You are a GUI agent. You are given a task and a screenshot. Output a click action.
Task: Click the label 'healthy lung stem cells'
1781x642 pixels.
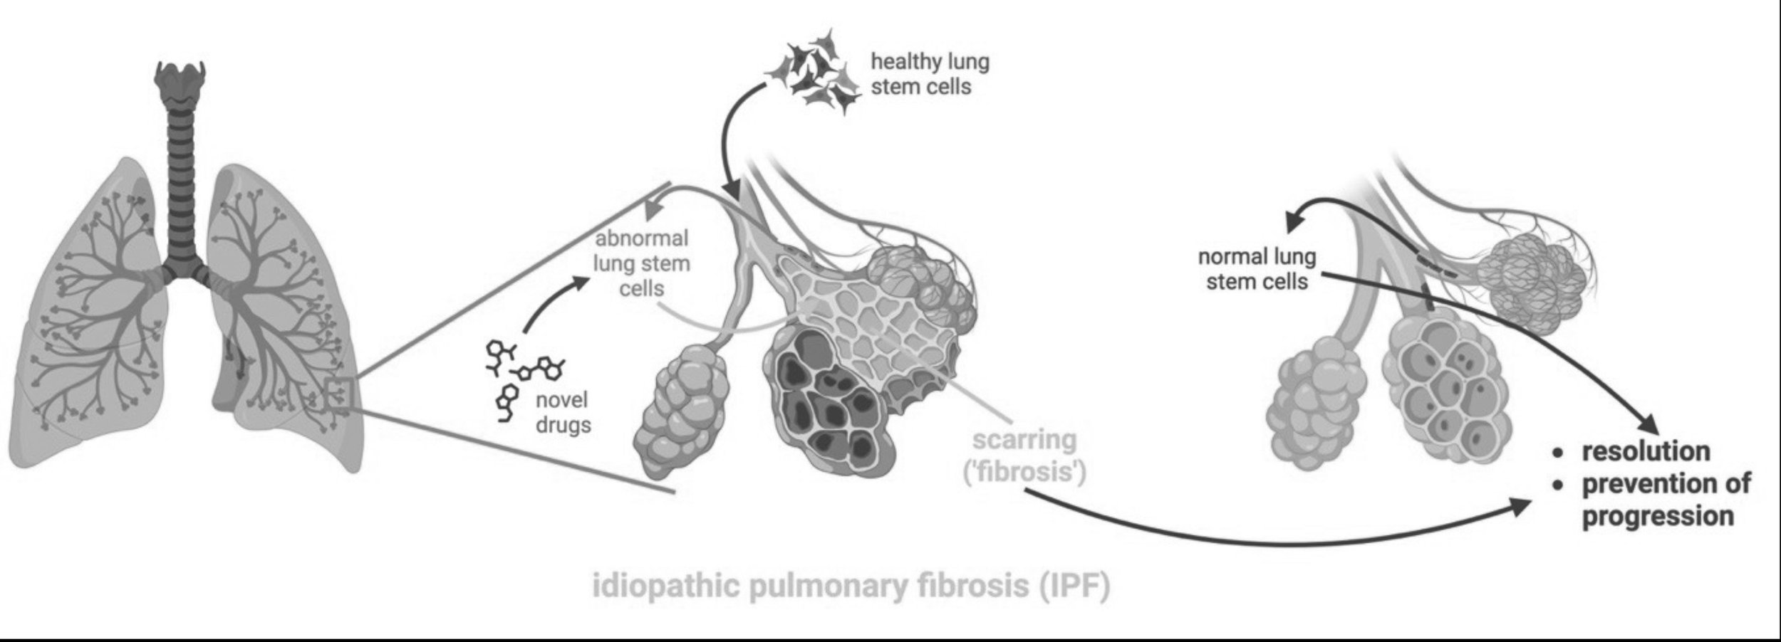coord(929,74)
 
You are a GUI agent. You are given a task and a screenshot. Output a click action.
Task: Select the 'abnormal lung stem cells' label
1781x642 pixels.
coord(641,263)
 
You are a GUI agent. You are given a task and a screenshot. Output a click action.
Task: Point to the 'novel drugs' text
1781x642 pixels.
coord(563,412)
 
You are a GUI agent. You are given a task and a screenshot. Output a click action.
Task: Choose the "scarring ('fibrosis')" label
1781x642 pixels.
coord(1024,456)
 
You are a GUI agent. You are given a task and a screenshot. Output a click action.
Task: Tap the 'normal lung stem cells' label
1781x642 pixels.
coord(1257,269)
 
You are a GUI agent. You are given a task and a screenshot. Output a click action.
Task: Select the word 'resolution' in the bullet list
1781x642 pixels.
coord(1646,451)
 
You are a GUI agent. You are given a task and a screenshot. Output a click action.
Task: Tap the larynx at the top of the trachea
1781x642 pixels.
coord(181,78)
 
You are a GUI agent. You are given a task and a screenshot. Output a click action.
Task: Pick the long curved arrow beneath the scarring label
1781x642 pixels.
coord(1282,541)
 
